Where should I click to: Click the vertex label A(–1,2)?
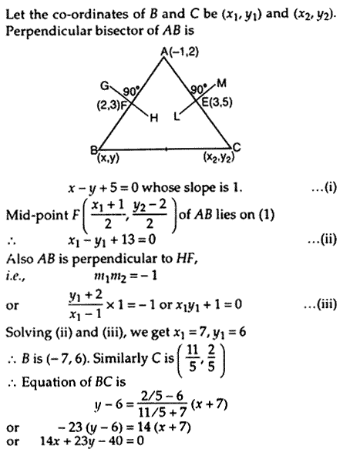coord(180,52)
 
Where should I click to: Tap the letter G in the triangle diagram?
coord(104,85)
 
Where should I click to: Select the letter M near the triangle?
coord(221,83)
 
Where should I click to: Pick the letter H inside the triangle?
coord(154,118)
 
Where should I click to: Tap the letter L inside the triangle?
coord(177,116)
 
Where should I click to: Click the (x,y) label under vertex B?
coord(108,158)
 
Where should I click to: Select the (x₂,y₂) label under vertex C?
coord(219,157)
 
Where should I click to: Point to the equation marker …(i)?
coord(325,188)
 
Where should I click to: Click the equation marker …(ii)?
coord(322,240)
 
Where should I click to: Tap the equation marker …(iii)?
coord(321,304)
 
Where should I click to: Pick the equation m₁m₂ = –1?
coord(126,276)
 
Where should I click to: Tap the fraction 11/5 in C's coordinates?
coord(192,358)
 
